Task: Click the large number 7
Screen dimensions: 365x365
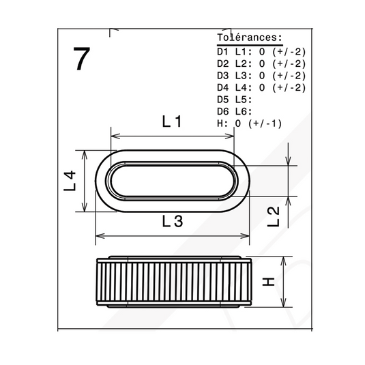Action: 81,59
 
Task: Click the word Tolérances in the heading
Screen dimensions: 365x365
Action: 248,38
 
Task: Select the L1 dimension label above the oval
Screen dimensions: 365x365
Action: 172,121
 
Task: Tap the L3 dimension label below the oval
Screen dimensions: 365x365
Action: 172,221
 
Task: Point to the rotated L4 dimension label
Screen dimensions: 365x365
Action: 70,181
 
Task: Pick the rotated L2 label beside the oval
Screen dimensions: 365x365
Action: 273,217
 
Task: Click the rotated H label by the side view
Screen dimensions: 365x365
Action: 268,282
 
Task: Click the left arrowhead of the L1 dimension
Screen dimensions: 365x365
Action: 115,136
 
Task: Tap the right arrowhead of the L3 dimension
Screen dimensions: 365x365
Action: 245,236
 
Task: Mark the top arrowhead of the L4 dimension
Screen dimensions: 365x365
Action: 85,155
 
